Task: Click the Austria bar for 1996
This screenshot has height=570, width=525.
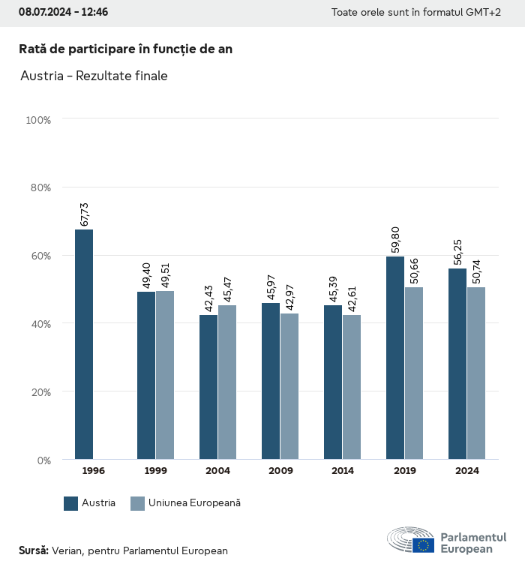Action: [x=84, y=344]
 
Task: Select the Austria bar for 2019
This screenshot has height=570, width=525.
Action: [x=395, y=358]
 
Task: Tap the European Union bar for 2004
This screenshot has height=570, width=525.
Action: [x=227, y=382]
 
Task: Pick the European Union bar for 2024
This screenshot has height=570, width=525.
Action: [x=476, y=373]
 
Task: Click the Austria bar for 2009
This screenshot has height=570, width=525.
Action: [x=271, y=381]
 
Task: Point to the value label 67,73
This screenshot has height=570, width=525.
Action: [x=85, y=214]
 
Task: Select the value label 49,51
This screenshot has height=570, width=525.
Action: [x=165, y=275]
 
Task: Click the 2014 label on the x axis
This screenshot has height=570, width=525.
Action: [x=343, y=471]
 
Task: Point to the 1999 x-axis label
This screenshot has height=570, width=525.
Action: [x=155, y=471]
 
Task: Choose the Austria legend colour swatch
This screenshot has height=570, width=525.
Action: [x=71, y=503]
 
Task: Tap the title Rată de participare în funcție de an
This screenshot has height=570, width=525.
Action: [x=125, y=49]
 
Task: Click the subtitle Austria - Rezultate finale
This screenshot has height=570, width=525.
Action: [x=94, y=76]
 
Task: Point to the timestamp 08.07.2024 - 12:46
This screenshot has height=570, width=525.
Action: [x=63, y=12]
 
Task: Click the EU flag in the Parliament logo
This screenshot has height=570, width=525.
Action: [x=423, y=545]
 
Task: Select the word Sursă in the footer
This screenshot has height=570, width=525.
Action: [x=33, y=550]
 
